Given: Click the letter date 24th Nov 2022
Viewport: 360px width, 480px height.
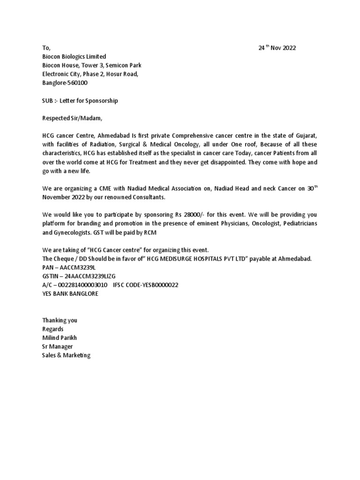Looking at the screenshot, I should point(277,48).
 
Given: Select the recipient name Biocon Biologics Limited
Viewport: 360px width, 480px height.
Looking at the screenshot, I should point(74,57).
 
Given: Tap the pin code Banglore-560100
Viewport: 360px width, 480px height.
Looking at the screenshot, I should point(64,83).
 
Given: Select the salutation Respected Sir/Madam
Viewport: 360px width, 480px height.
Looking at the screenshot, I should point(72,119).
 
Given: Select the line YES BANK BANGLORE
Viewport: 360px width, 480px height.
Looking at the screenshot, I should point(70,294).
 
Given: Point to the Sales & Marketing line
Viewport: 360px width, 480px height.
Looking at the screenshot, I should point(66,355).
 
